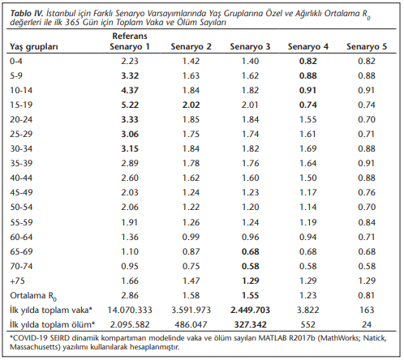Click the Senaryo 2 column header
[191, 46]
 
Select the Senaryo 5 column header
[367, 46]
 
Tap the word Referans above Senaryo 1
[130, 36]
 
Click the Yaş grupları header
[34, 47]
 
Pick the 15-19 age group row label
[21, 105]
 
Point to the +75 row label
[17, 281]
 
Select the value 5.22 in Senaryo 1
[130, 105]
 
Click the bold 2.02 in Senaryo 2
[191, 105]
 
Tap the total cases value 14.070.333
[130, 310]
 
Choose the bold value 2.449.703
[250, 310]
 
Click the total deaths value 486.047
[191, 324]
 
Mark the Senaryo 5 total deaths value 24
[367, 324]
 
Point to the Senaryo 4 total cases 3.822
[308, 310]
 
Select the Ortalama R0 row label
[33, 296]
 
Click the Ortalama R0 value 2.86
[130, 295]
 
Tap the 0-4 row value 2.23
[130, 61]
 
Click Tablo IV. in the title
[27, 13]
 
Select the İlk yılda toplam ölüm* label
[53, 324]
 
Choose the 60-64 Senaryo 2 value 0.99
[191, 237]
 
